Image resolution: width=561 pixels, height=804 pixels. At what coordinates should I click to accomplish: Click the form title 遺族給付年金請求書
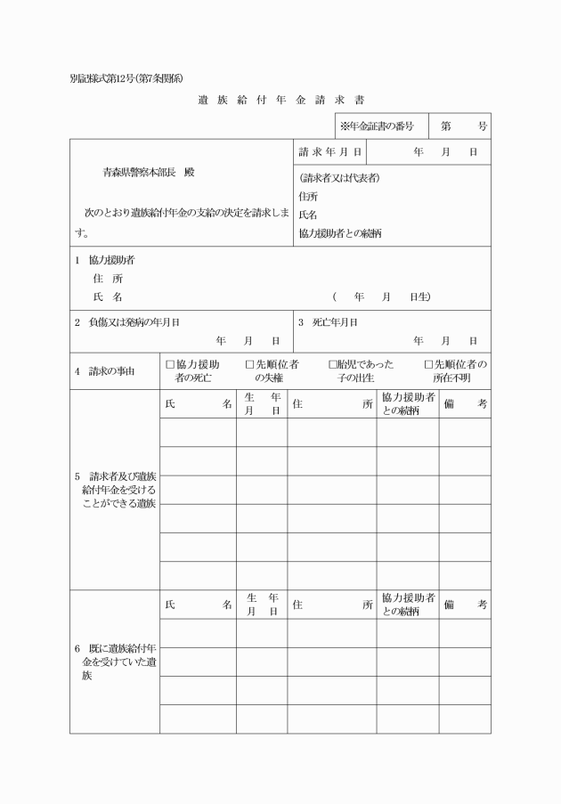click(280, 100)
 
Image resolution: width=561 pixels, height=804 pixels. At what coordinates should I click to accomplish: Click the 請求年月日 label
click(329, 152)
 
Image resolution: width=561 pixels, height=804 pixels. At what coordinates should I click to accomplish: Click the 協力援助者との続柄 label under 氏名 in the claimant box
click(340, 233)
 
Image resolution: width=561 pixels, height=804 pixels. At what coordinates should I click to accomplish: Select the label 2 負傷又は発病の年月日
click(134, 322)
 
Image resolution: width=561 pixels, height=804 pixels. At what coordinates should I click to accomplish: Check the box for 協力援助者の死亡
click(170, 364)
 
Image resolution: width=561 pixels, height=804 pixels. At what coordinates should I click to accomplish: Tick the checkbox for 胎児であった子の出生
click(332, 364)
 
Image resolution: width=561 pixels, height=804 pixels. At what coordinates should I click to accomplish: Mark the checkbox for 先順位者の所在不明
click(428, 364)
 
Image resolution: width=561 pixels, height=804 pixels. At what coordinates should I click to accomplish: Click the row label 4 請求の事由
click(105, 370)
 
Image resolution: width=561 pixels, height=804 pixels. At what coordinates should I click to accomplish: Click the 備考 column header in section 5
click(465, 404)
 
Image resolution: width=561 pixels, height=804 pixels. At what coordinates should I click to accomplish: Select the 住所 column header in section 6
click(331, 605)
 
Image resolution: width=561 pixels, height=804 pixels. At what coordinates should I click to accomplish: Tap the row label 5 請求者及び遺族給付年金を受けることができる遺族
click(114, 489)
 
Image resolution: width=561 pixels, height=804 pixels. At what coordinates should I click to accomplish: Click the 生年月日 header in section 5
click(262, 404)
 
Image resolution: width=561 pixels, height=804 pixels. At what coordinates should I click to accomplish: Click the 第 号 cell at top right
click(459, 126)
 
